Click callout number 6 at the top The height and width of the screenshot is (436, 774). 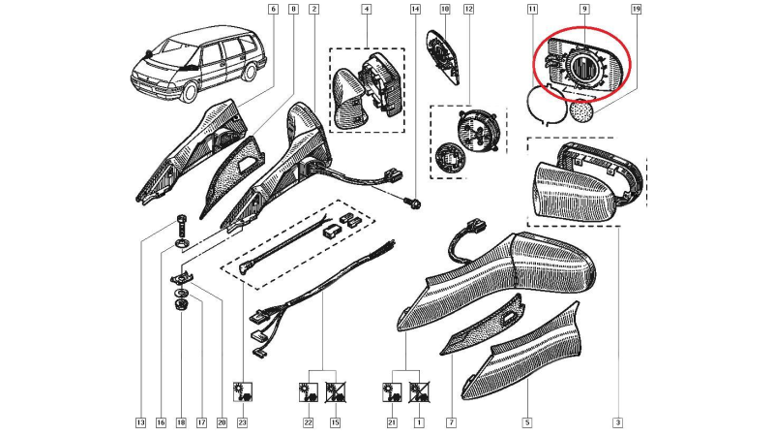272,9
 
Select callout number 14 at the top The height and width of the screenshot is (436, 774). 416,9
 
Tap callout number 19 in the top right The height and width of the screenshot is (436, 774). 637,9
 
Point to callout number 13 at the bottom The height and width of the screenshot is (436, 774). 140,422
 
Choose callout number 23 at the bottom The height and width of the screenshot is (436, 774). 242,422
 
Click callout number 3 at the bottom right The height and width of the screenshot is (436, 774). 617,422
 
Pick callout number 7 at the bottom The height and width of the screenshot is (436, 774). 451,422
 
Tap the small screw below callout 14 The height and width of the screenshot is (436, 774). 414,202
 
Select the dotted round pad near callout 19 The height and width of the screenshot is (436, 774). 581,109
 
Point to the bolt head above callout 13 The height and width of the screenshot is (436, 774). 181,219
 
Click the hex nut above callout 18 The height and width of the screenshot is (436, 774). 181,304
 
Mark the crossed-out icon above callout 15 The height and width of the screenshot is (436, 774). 335,391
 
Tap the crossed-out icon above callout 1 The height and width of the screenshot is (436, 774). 419,391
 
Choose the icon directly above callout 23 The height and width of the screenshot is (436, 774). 243,391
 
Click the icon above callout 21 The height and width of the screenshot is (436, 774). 392,391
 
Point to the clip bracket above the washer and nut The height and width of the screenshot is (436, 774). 182,279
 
